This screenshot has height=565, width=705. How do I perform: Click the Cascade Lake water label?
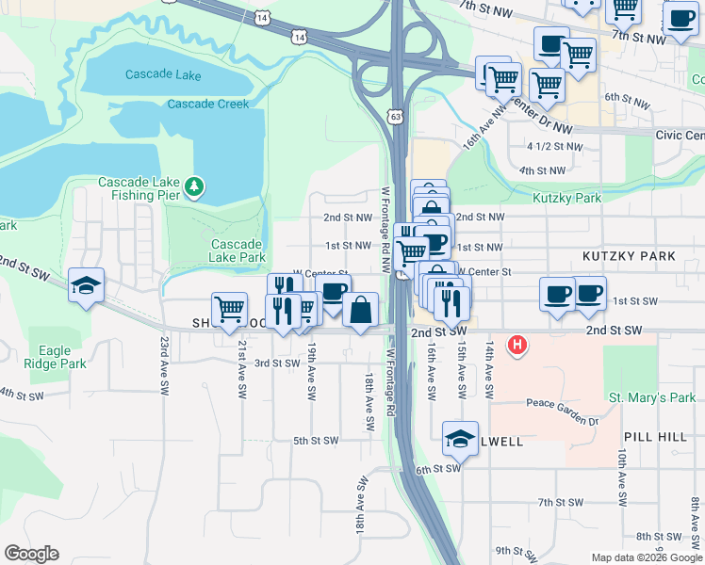(x=162, y=74)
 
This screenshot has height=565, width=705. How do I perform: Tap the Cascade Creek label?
(x=208, y=104)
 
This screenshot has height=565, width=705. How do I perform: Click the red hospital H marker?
(x=516, y=346)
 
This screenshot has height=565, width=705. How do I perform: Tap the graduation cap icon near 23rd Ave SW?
(x=86, y=285)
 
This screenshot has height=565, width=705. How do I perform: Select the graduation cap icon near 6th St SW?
(x=460, y=438)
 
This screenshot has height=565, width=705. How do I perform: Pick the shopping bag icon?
(x=360, y=309)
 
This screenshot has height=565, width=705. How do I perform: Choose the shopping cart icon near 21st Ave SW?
(x=229, y=308)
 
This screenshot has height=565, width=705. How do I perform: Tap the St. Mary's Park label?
(x=652, y=397)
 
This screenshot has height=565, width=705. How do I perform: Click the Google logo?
(x=31, y=554)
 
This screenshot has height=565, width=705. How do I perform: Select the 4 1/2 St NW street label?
(x=555, y=146)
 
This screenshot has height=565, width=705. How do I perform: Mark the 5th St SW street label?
(x=315, y=440)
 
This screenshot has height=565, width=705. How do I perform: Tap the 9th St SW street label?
(x=516, y=550)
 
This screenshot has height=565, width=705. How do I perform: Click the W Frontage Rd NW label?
(x=385, y=229)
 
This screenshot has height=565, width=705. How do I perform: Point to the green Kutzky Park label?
(x=566, y=198)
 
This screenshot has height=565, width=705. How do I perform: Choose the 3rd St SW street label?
(x=277, y=363)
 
